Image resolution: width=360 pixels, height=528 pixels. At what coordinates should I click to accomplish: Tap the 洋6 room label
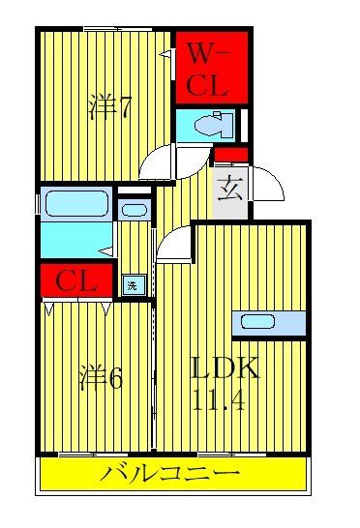(x=100, y=377)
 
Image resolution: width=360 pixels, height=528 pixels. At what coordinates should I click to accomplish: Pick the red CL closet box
(x=75, y=282)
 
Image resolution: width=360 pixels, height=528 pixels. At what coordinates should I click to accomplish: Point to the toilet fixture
(x=208, y=126)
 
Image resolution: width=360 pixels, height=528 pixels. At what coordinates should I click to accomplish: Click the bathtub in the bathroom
(x=76, y=205)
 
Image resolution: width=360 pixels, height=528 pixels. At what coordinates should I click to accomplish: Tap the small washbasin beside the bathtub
(x=135, y=209)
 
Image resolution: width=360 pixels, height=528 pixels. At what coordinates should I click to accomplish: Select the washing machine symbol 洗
(x=132, y=284)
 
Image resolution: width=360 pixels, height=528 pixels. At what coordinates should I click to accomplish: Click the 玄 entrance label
(x=228, y=187)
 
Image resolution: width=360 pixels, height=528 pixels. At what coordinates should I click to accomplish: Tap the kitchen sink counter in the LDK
(x=268, y=323)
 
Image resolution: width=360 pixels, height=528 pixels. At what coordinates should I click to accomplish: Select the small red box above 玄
(x=230, y=154)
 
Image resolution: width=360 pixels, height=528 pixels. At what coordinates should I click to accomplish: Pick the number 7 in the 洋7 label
(x=125, y=107)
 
